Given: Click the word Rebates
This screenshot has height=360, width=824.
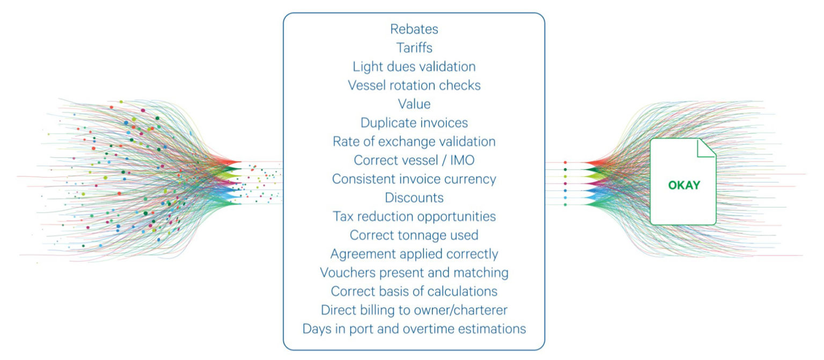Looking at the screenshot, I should (414, 29).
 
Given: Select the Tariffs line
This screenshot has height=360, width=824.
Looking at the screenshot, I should (414, 48).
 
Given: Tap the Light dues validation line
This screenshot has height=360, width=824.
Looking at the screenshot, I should (414, 67).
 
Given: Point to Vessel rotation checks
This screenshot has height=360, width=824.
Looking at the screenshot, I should (414, 85).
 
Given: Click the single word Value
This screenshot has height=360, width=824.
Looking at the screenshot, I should (414, 104).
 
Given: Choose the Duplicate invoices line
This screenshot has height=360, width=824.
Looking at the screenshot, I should (414, 123).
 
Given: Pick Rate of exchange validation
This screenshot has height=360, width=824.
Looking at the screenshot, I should (414, 142).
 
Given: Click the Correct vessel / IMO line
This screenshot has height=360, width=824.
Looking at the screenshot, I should (414, 160).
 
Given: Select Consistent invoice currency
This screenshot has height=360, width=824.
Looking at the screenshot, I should (414, 179).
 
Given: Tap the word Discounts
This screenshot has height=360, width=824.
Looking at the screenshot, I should (414, 197).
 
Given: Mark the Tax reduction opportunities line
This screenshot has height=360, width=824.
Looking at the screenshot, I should (414, 216).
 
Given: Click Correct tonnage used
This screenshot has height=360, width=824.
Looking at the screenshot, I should (414, 235).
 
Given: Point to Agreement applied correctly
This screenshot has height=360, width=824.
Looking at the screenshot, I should (414, 254).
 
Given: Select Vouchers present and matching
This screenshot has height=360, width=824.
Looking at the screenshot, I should (414, 273).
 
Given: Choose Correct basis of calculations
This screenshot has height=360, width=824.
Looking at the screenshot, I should (414, 291).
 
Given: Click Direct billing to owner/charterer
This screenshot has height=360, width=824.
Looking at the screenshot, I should (414, 310).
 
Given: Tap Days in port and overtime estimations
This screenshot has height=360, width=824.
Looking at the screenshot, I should (414, 329).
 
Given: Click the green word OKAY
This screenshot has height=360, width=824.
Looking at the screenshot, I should (683, 186).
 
